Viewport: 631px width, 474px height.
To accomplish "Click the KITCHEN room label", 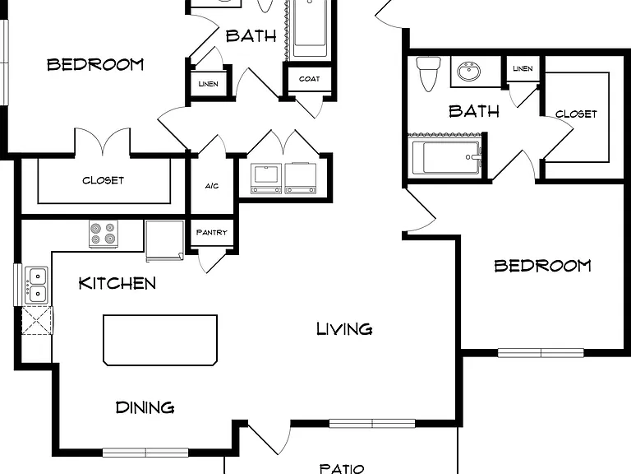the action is tap(117, 283).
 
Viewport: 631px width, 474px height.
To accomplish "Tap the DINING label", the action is tap(145, 407).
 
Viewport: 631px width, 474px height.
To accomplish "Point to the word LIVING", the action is tap(344, 329).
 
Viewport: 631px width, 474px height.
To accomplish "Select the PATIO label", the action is tap(342, 468).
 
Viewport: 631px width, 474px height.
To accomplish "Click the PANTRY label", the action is tap(212, 232).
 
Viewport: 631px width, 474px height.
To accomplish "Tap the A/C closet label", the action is tap(212, 186).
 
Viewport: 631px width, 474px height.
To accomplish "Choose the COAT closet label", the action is tap(310, 79).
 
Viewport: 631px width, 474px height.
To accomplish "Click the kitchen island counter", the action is tap(160, 340).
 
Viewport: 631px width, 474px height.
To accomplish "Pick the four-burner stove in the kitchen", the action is tap(104, 234).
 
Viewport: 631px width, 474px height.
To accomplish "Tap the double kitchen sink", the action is tap(37, 285).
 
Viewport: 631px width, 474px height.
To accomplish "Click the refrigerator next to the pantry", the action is tap(164, 240).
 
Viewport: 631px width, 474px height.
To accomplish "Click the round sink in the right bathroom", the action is tap(468, 72).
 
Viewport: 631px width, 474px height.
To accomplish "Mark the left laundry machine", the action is tap(266, 178).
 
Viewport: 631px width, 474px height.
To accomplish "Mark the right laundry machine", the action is tap(300, 178).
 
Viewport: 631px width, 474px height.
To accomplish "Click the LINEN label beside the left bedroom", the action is tap(209, 84).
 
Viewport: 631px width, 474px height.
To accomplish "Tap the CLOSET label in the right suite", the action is tap(576, 114).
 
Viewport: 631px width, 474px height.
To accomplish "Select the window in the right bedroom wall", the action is tap(541, 353).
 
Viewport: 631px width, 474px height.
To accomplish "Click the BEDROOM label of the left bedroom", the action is tap(95, 64).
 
